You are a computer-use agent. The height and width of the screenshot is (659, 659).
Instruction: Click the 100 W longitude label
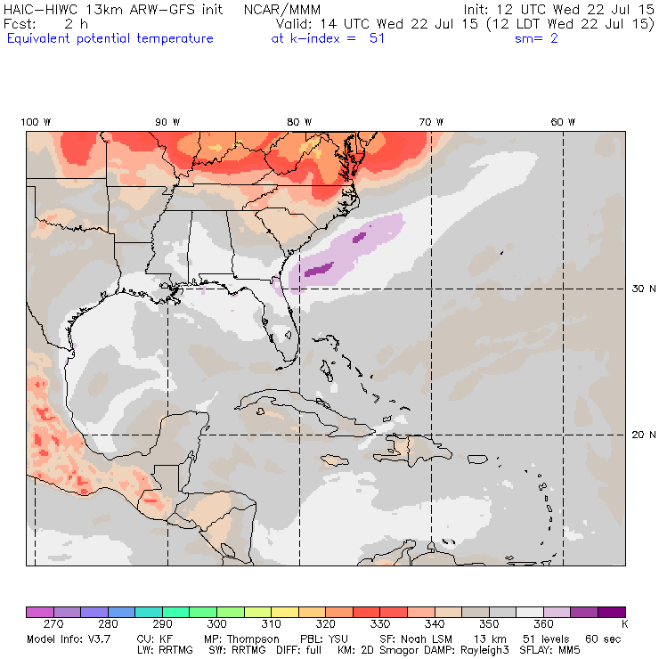pyautogui.click(x=37, y=122)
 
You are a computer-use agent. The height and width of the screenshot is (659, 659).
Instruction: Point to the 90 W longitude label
pyautogui.click(x=167, y=122)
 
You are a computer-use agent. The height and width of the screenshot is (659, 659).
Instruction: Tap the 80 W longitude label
pyautogui.click(x=299, y=122)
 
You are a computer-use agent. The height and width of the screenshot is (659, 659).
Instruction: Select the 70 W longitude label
pyautogui.click(x=431, y=122)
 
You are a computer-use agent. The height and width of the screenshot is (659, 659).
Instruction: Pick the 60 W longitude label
pyautogui.click(x=562, y=122)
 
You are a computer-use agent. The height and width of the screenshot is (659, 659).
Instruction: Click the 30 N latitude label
pyautogui.click(x=644, y=289)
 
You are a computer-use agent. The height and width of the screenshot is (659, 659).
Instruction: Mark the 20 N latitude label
pyautogui.click(x=644, y=435)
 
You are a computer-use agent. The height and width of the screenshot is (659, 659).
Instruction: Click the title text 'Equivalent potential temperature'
pyautogui.click(x=110, y=39)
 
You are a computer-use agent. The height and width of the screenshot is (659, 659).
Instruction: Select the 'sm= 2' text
pyautogui.click(x=536, y=39)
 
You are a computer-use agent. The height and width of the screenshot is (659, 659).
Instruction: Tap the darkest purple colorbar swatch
pyautogui.click(x=610, y=612)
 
